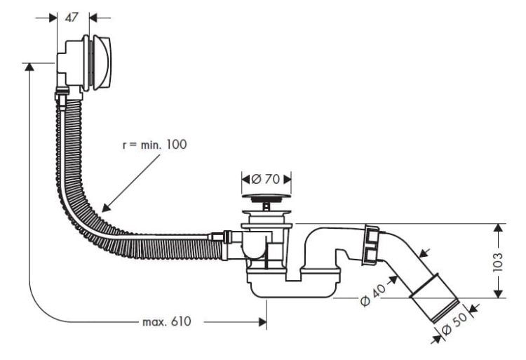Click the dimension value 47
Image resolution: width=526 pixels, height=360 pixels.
[x=71, y=18]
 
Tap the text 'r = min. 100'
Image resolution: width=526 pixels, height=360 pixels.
[x=154, y=145]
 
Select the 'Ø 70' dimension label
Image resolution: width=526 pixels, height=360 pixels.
[x=265, y=179]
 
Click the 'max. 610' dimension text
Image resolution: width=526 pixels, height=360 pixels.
[x=167, y=321]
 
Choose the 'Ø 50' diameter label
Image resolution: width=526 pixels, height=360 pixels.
[x=454, y=324]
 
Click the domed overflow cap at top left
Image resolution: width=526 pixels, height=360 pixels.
[x=102, y=62]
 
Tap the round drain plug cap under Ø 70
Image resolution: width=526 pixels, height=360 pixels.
[x=267, y=198]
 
